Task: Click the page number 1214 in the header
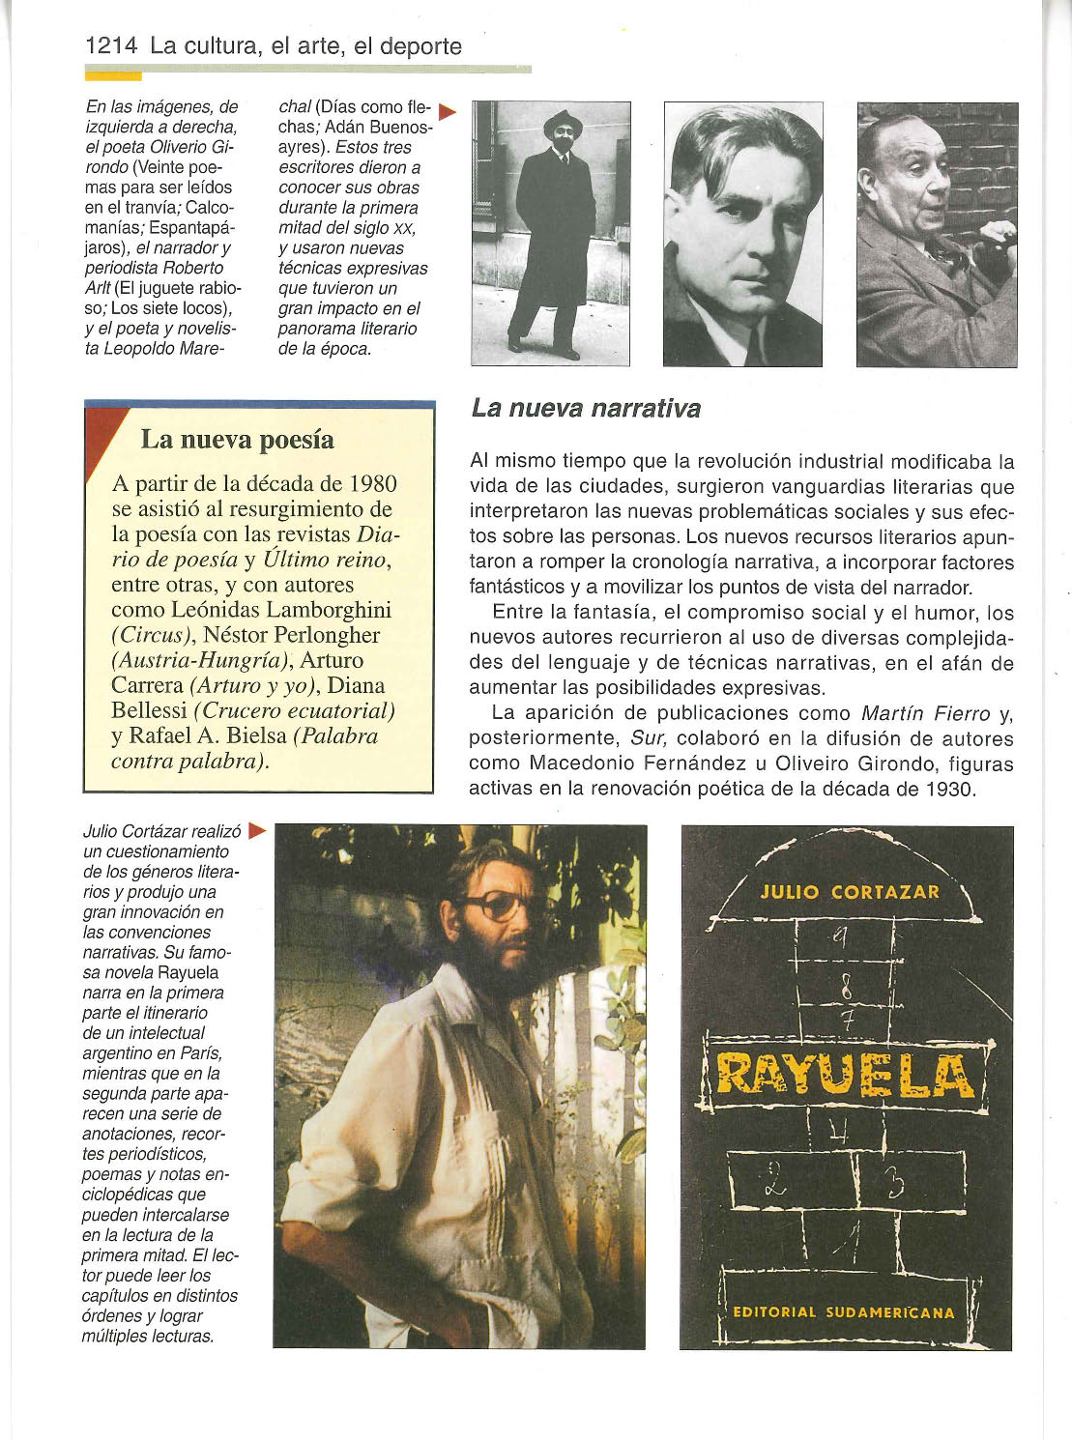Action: pos(112,45)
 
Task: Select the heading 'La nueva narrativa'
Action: pos(586,409)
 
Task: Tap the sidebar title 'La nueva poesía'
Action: pos(238,440)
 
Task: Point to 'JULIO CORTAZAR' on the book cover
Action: pos(850,892)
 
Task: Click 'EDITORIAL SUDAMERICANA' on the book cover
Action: pos(844,1312)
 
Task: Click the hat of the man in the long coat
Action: pos(562,123)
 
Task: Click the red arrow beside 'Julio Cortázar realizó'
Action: pos(256,830)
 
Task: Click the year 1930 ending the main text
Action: pos(945,789)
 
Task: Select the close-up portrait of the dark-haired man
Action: pos(742,235)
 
